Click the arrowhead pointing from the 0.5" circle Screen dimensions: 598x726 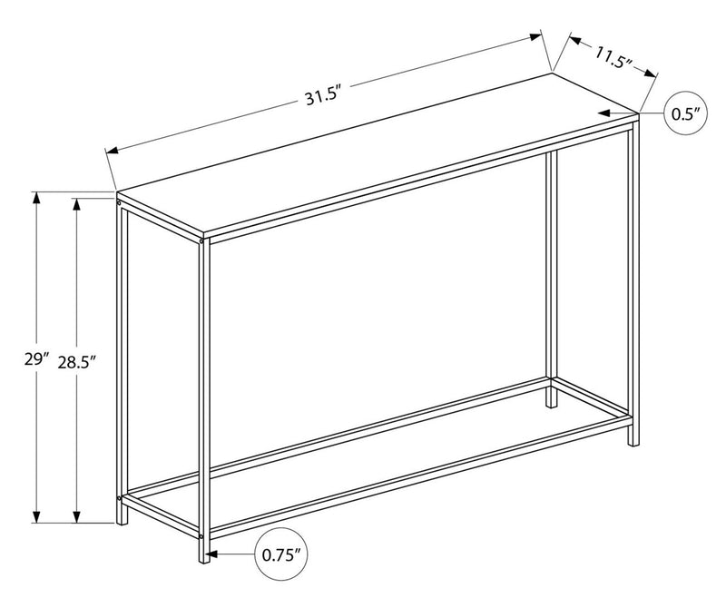(x=602, y=113)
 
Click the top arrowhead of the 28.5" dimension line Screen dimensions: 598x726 (x=77, y=201)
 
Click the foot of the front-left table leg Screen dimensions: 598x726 (x=122, y=521)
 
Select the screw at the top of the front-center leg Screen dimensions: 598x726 (x=201, y=242)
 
